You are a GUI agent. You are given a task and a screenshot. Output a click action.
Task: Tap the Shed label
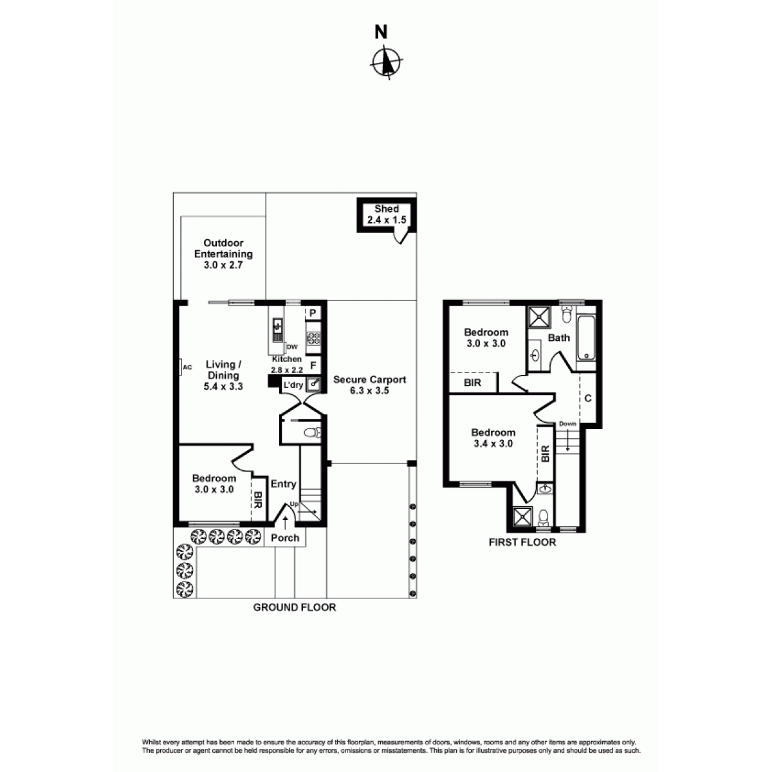tap(387, 208)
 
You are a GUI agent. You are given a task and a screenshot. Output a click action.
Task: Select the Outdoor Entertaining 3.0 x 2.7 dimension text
tap(223, 265)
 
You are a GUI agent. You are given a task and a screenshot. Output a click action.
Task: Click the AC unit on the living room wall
tap(181, 367)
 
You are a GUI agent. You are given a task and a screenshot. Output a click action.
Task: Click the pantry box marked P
tap(313, 313)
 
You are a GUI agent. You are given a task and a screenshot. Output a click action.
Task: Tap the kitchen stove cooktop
tap(313, 338)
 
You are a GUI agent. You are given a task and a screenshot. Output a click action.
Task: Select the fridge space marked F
tap(313, 365)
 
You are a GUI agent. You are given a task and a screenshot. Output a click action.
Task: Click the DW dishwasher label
tap(293, 347)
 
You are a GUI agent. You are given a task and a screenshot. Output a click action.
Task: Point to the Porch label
tap(285, 538)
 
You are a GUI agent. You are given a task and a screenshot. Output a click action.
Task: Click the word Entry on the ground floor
tap(283, 484)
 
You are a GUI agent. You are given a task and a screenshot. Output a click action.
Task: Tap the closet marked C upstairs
tap(588, 399)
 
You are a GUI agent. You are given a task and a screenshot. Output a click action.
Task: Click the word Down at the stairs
tap(567, 424)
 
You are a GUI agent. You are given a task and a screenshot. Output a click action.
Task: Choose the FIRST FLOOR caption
tap(522, 542)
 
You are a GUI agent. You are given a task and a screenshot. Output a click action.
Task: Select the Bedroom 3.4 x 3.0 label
tap(493, 438)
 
